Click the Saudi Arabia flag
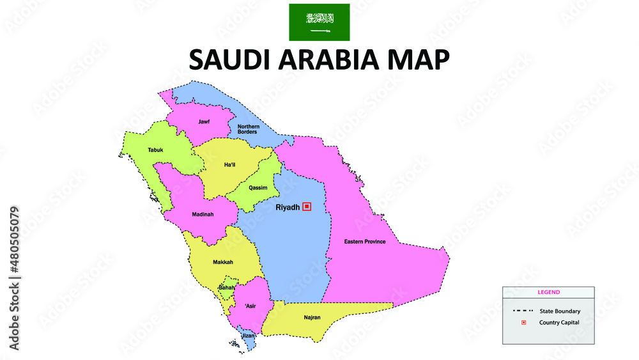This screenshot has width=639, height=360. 319,22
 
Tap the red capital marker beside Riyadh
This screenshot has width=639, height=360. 307,206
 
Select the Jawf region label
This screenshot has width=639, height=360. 204,121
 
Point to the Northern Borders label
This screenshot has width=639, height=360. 249,129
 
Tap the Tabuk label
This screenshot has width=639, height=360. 155,150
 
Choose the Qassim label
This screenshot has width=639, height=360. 258,188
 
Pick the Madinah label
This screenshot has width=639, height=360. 203,214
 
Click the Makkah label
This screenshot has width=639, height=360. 223,262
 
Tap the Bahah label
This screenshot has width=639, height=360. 227,288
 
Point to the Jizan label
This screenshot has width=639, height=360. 247,335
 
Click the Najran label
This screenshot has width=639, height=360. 312,317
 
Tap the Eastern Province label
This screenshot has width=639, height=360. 365,242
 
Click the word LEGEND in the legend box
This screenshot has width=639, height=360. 548,292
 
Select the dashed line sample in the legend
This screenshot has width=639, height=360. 522,311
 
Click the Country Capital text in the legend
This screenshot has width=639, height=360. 559,322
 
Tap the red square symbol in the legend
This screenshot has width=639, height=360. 523,322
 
